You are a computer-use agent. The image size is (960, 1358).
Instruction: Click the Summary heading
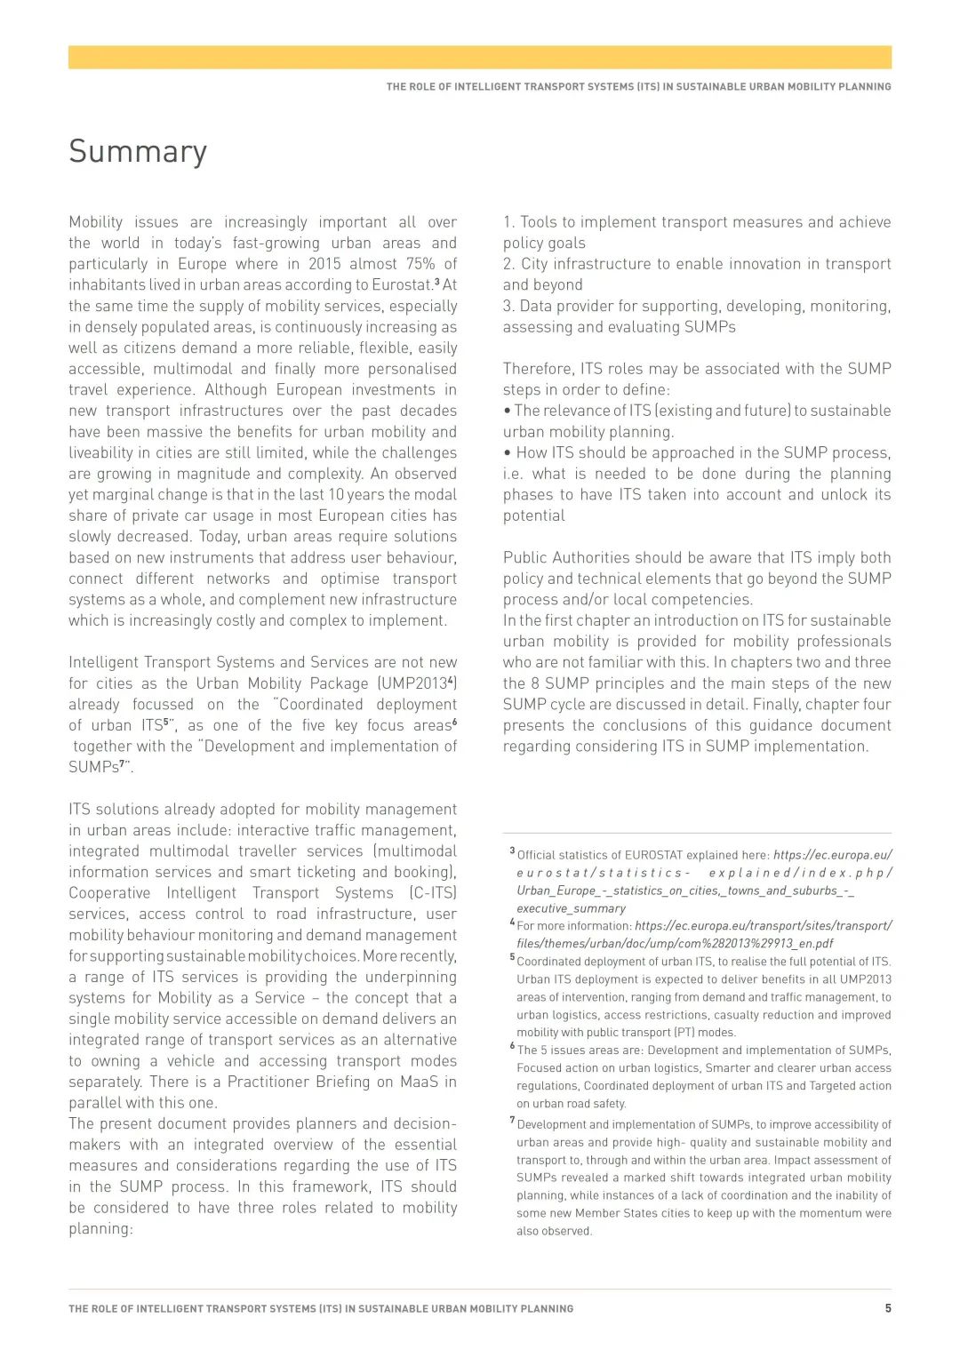(138, 152)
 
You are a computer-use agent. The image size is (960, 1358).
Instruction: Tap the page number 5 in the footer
(887, 1308)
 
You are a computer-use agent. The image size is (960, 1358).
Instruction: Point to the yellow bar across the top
(480, 57)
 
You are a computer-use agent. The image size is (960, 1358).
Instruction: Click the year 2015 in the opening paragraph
(324, 264)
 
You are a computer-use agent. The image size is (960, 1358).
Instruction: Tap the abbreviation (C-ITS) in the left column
(433, 893)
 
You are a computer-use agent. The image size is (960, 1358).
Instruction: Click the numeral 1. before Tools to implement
(508, 222)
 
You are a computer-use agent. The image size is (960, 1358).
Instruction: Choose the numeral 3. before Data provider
(508, 306)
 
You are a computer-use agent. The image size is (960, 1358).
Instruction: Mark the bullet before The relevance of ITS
(507, 411)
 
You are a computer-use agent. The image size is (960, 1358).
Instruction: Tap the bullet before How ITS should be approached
(507, 453)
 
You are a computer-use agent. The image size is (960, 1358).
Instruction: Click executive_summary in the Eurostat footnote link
(571, 908)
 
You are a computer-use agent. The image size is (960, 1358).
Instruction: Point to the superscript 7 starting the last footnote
(512, 1121)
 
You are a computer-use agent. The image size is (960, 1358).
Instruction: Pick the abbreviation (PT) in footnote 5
(684, 1033)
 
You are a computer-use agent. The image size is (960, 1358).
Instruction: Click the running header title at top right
(638, 87)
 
